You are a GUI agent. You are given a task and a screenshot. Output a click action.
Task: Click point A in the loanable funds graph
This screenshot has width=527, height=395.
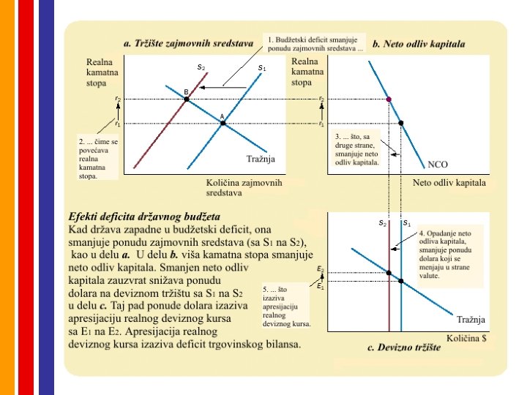click(223, 123)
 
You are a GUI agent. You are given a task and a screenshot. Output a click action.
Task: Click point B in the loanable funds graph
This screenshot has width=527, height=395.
click(187, 98)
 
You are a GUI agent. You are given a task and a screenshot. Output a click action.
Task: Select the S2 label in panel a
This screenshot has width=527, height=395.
click(201, 67)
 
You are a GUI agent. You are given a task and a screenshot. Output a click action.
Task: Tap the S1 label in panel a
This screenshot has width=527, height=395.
click(261, 68)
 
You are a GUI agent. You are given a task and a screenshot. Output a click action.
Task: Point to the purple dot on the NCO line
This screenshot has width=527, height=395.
click(389, 99)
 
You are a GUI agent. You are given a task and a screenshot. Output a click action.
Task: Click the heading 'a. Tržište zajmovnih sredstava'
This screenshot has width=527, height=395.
click(188, 43)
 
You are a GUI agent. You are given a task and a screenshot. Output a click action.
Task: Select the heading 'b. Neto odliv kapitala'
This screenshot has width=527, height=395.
click(419, 44)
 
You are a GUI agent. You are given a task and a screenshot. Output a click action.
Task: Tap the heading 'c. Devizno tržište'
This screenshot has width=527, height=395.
click(403, 347)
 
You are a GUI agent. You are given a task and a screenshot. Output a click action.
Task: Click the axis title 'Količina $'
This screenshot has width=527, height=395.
click(469, 339)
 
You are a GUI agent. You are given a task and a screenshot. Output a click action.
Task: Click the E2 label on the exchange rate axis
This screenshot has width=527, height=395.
click(320, 269)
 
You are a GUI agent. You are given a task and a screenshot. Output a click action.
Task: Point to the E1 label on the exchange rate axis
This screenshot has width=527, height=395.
click(320, 285)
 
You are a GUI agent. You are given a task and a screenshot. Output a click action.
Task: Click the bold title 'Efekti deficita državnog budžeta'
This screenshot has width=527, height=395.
click(144, 217)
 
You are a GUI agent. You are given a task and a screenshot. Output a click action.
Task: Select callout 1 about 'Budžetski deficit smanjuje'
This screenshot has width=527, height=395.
click(315, 44)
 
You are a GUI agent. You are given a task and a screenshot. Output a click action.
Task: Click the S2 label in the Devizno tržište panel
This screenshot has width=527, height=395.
click(382, 222)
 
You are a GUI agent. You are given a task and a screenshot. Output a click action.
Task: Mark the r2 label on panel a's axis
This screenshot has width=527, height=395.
click(118, 97)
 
